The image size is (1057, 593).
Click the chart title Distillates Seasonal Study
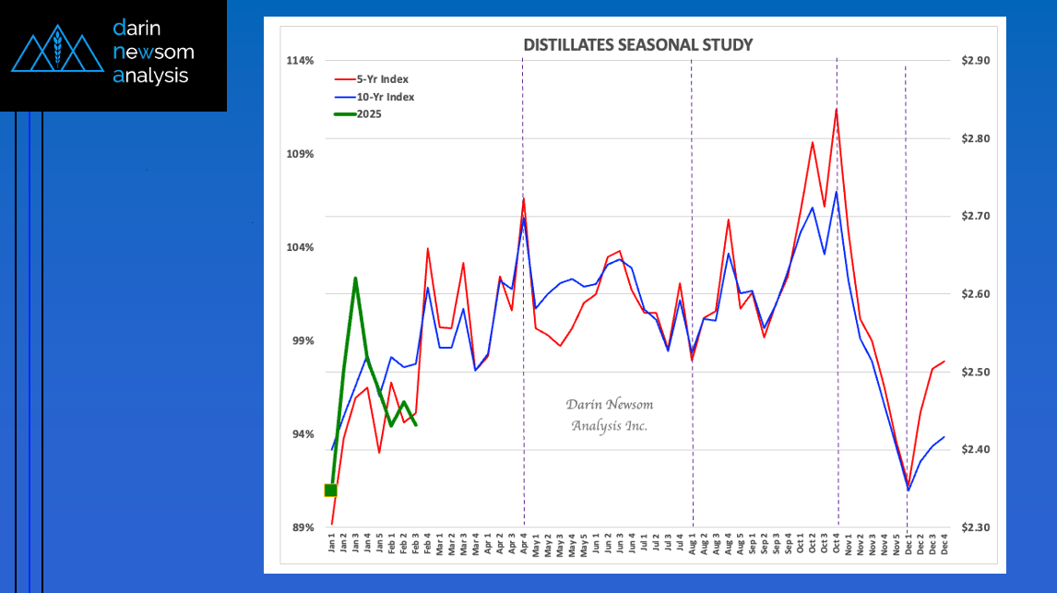pyautogui.click(x=637, y=44)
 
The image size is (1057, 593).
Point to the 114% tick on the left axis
pyautogui.click(x=301, y=61)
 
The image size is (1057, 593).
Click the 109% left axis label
pyautogui.click(x=301, y=154)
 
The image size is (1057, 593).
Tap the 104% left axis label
pyautogui.click(x=301, y=247)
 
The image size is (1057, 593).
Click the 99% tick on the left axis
pyautogui.click(x=303, y=340)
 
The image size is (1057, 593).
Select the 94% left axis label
pyautogui.click(x=303, y=434)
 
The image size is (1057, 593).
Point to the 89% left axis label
pyautogui.click(x=303, y=528)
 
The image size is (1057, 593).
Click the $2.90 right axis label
pyautogui.click(x=975, y=61)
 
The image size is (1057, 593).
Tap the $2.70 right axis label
pyautogui.click(x=975, y=217)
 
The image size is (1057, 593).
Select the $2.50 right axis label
pyautogui.click(x=975, y=372)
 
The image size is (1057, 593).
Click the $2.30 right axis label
pyautogui.click(x=975, y=528)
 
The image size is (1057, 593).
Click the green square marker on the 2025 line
pyautogui.click(x=331, y=490)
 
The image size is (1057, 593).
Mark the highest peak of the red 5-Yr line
pyautogui.click(x=836, y=109)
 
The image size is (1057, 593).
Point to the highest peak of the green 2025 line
pyautogui.click(x=355, y=278)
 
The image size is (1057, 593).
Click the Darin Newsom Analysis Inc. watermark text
pyautogui.click(x=609, y=415)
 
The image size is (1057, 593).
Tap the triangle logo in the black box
pyautogui.click(x=57, y=53)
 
